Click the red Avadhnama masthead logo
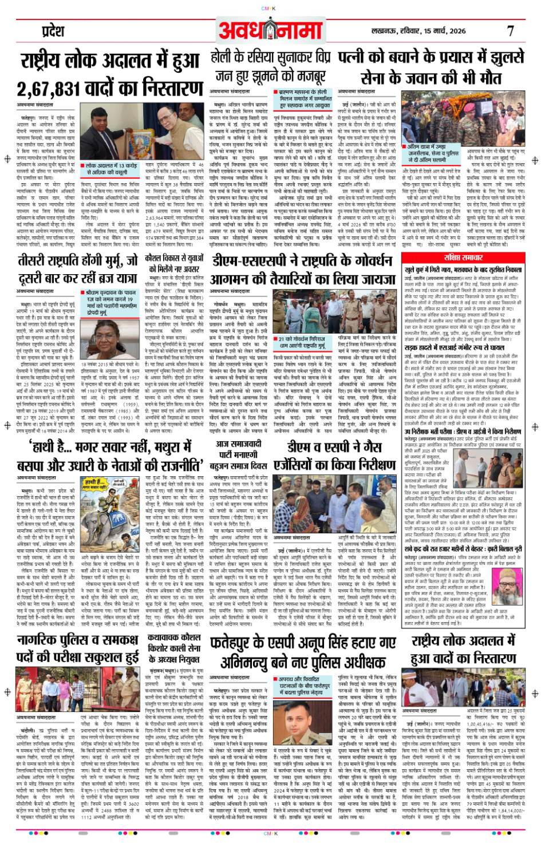[x=270, y=30]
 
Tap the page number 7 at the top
[x=510, y=30]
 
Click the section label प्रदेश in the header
[x=53, y=30]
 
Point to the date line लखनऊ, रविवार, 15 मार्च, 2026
[x=418, y=31]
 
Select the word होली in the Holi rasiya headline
[x=221, y=57]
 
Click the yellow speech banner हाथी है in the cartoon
[x=95, y=484]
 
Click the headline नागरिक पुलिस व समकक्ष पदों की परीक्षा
[x=78, y=648]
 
